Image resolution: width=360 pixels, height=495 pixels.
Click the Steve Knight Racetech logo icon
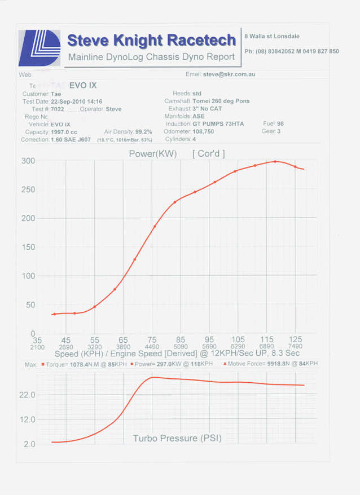[39, 48]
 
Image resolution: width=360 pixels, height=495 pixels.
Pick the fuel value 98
[280, 123]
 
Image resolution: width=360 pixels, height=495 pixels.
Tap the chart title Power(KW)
[153, 153]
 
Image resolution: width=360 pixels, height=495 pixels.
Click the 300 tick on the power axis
[28, 161]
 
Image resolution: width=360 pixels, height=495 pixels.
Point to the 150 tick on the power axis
[28, 248]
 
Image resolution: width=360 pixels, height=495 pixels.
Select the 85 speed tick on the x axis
[181, 340]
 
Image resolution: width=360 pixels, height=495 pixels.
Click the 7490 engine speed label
[295, 347]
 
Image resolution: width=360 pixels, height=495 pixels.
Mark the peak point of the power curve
[275, 161]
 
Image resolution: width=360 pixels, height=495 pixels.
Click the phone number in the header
[292, 51]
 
